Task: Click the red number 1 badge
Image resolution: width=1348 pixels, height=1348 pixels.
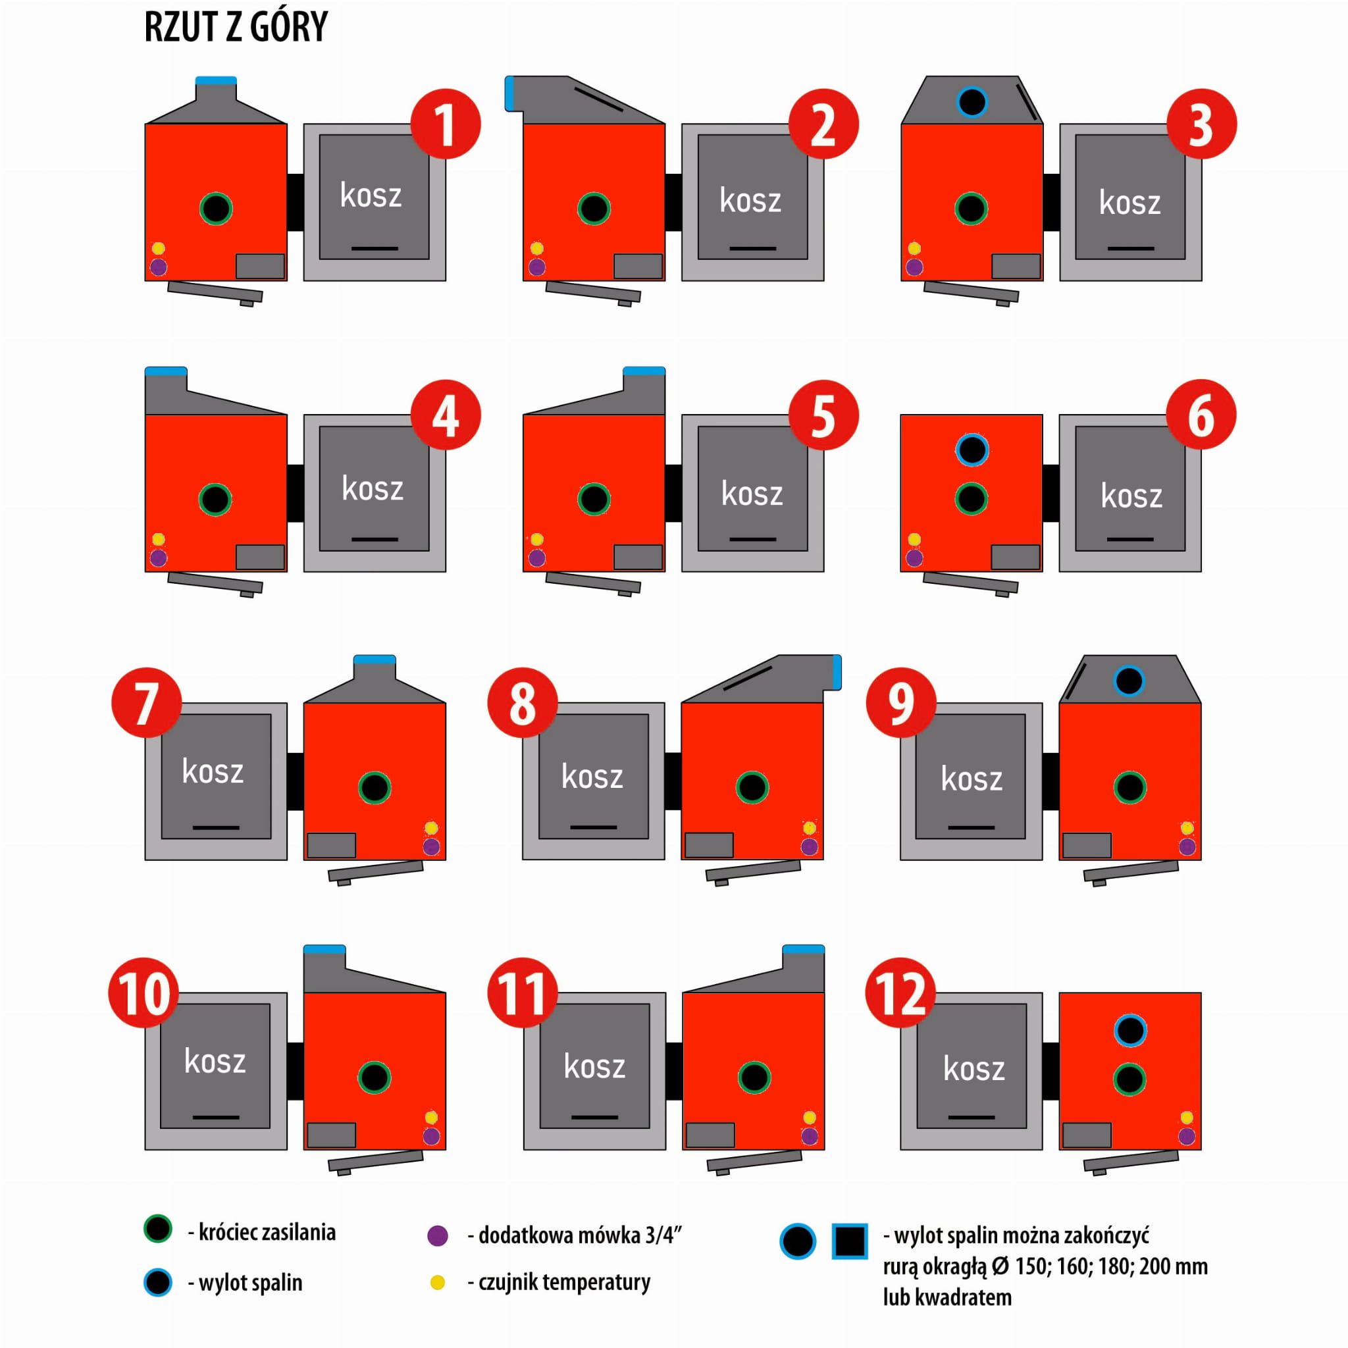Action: point(445,124)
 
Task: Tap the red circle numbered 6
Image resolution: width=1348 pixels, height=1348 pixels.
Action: point(1201,415)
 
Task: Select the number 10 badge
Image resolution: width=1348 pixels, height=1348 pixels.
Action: point(143,992)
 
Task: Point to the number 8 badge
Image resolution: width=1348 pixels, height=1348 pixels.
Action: point(523,702)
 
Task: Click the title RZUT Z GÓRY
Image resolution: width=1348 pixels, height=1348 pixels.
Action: point(236,27)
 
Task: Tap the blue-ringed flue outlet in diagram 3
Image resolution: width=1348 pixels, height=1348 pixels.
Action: point(972,102)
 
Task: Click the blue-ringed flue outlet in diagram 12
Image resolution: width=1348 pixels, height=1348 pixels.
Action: point(1130,1030)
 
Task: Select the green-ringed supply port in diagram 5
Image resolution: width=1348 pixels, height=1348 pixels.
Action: point(594,499)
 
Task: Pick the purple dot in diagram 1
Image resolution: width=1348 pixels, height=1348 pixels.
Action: point(159,267)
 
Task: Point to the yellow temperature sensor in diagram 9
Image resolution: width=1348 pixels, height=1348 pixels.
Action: point(1187,828)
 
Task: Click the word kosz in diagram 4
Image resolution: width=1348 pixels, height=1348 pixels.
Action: point(373,488)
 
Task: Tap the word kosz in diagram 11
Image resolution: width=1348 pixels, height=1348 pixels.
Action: point(594,1066)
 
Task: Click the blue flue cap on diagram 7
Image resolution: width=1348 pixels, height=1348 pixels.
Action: point(375,660)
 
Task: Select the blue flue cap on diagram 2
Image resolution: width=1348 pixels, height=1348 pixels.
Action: point(509,93)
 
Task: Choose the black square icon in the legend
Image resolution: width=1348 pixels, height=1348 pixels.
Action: point(850,1241)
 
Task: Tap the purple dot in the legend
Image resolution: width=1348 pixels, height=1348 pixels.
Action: point(438,1235)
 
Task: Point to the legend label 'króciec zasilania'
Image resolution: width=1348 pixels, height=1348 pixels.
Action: point(262,1232)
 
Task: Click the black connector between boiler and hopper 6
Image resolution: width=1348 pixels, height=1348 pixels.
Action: point(1050,492)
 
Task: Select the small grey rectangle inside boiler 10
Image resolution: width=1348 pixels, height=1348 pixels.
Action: point(332,1135)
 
